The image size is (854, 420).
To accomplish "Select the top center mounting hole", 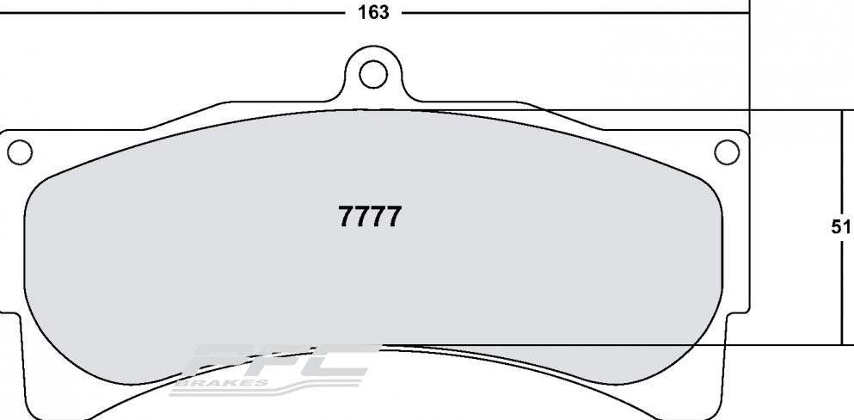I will click(372, 74).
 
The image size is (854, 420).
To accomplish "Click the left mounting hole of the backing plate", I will click(20, 152).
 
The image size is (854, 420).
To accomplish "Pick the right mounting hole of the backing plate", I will click(727, 152).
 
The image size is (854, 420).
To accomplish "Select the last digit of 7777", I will click(393, 217).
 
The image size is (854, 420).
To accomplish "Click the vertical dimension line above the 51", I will click(840, 164).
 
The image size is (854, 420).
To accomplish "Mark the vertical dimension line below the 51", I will click(840, 293).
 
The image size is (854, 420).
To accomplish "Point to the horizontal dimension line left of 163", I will click(172, 13).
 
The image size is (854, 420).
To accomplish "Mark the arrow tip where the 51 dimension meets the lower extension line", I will click(840, 343).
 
